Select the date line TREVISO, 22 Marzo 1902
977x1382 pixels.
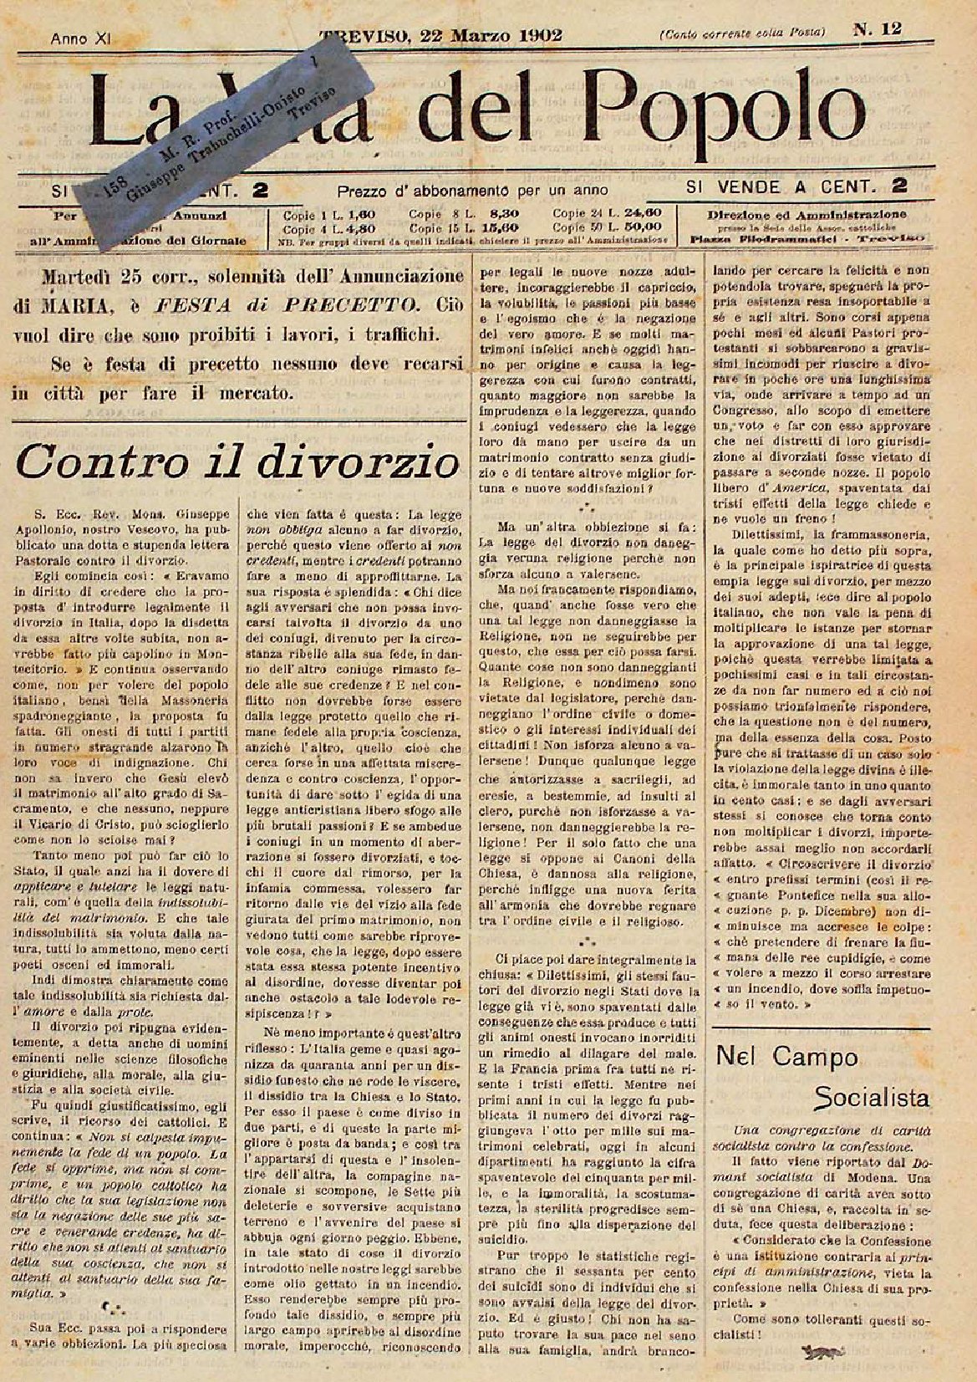tap(441, 35)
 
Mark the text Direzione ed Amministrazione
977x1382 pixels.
tap(807, 214)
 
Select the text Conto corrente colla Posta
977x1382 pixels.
tap(742, 33)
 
